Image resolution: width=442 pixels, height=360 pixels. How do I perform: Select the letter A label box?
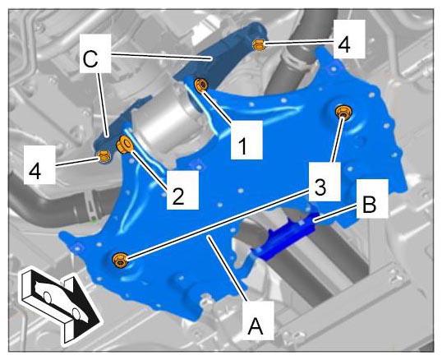pos(258,320)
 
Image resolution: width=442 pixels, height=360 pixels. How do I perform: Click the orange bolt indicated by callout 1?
pos(202,85)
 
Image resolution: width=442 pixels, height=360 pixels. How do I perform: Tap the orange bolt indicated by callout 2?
pos(124,144)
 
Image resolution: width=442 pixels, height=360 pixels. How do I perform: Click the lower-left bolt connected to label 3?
pos(120,261)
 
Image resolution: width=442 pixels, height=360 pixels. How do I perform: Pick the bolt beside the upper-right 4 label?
pos(259,45)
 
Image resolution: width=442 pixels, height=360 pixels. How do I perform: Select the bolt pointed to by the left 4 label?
pos(104,157)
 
